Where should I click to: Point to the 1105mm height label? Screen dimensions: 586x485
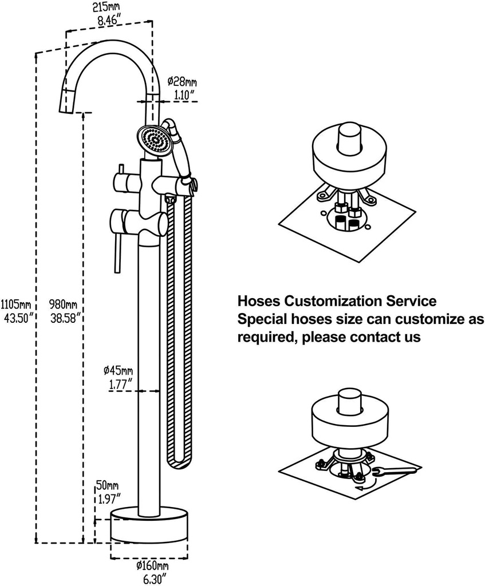tap(16, 303)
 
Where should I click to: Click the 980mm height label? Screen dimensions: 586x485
tap(63, 303)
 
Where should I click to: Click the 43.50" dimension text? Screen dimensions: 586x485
tap(17, 316)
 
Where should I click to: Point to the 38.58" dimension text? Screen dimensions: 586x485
tap(63, 316)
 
